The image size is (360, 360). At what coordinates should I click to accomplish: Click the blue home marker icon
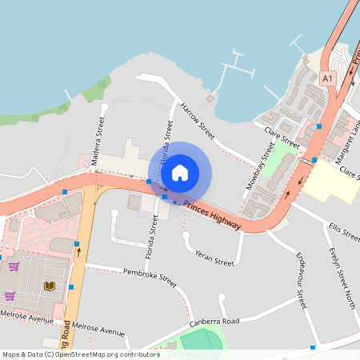(180, 173)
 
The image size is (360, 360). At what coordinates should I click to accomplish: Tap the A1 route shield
(327, 78)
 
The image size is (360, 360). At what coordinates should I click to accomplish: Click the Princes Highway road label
(212, 215)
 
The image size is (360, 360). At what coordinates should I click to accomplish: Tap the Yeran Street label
(214, 258)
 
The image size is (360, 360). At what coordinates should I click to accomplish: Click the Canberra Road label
(215, 322)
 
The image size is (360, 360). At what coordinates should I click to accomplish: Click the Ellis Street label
(344, 233)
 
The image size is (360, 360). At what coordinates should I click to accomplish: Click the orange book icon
(50, 286)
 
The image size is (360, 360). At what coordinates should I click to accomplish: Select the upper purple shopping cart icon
(13, 266)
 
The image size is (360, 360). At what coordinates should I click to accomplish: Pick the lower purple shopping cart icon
(10, 295)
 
